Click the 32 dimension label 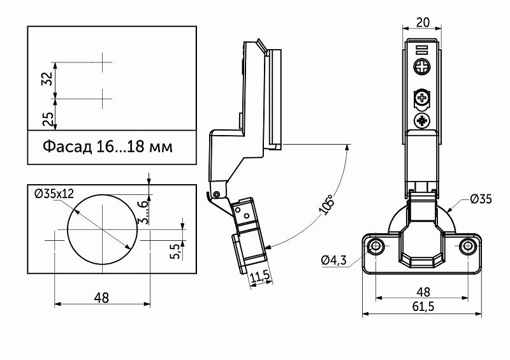[x=47, y=79]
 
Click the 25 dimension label [x=47, y=119]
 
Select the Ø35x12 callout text [x=54, y=194]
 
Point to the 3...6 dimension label [x=143, y=212]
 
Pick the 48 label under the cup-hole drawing [x=101, y=298]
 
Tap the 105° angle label [x=326, y=205]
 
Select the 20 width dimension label [x=423, y=22]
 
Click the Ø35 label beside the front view [x=481, y=199]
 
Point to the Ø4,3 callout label [x=333, y=260]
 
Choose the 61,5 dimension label [x=423, y=306]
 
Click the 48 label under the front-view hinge [x=423, y=292]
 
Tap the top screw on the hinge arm [x=422, y=68]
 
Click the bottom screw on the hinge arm [x=422, y=121]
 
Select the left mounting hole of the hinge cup [x=376, y=246]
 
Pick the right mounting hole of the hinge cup [x=468, y=246]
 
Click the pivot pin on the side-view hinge [x=216, y=194]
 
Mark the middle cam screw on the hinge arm [x=422, y=97]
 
